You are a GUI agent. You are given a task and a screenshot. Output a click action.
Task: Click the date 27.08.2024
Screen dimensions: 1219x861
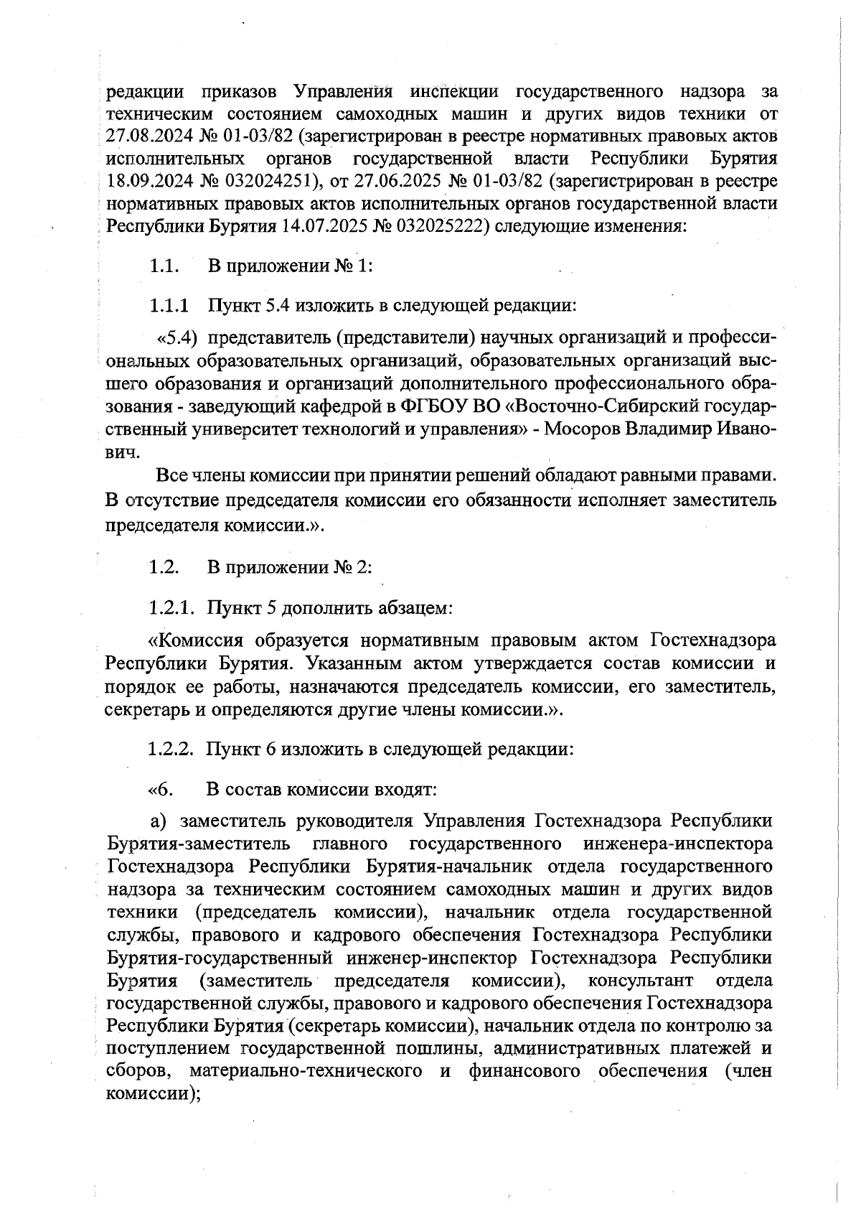pyautogui.click(x=149, y=137)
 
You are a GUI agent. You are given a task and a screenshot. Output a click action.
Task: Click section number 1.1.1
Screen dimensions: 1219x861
pyautogui.click(x=169, y=306)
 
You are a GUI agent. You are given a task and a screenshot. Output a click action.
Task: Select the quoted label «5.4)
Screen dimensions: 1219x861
pyautogui.click(x=177, y=337)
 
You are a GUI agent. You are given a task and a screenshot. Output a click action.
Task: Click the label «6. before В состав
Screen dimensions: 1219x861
pyautogui.click(x=161, y=790)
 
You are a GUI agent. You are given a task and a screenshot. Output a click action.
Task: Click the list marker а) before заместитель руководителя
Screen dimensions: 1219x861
pyautogui.click(x=158, y=821)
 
